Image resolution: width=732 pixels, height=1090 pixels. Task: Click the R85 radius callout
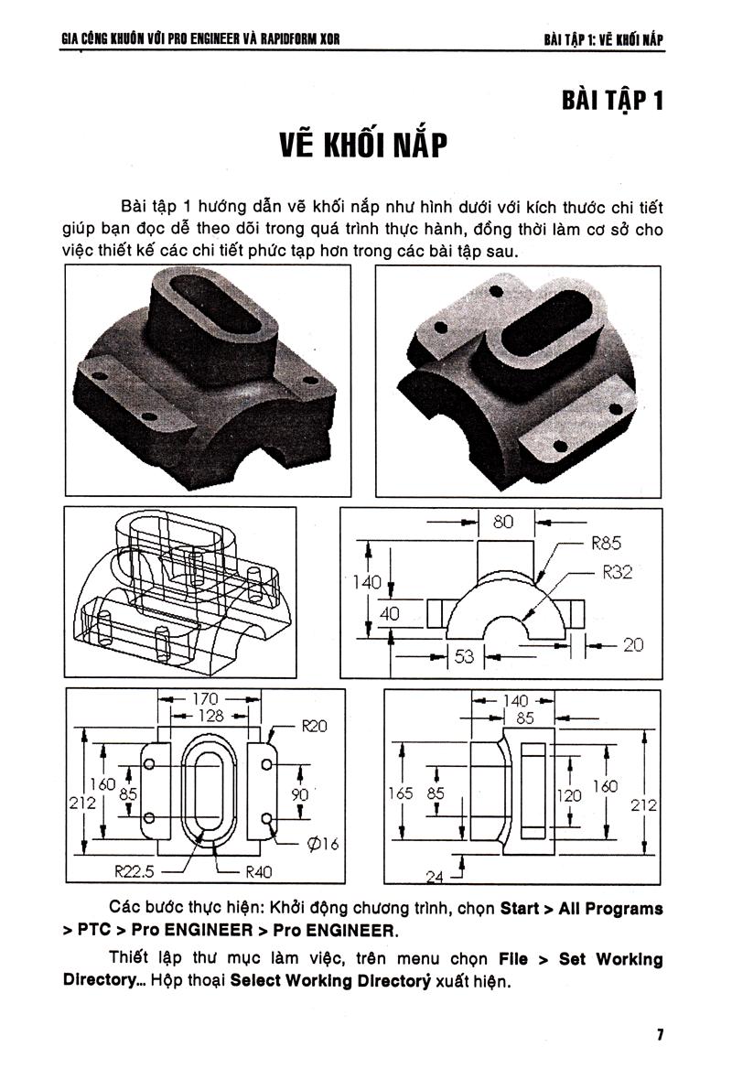click(x=606, y=543)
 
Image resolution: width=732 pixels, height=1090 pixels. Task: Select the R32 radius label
click(x=617, y=573)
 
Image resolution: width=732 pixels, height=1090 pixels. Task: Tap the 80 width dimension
click(x=502, y=523)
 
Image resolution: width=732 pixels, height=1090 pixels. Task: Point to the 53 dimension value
click(x=465, y=655)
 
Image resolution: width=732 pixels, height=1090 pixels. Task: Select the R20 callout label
click(x=314, y=727)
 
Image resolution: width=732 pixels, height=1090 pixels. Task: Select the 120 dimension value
click(x=569, y=795)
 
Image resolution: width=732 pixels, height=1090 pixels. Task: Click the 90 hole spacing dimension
click(x=299, y=795)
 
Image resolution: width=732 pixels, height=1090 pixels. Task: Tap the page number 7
click(x=659, y=1035)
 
